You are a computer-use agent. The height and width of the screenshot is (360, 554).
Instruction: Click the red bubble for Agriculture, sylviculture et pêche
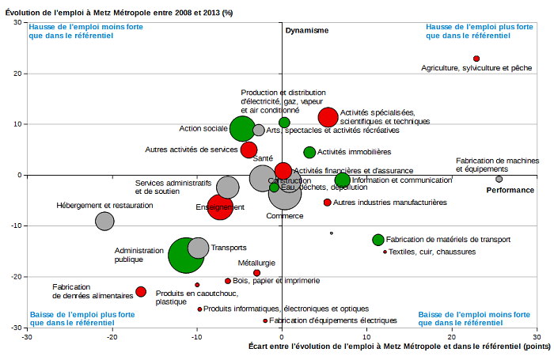(x=476, y=59)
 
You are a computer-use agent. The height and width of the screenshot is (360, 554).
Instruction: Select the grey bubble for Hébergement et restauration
(x=104, y=221)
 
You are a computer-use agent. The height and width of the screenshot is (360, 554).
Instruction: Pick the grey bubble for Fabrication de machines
(x=499, y=179)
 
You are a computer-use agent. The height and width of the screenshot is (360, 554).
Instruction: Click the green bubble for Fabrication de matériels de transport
(x=378, y=240)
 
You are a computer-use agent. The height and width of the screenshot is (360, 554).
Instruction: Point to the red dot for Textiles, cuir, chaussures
(x=385, y=252)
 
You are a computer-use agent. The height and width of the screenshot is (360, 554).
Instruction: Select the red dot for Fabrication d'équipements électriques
(x=265, y=320)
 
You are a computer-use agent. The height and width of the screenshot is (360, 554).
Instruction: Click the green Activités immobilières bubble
(x=309, y=152)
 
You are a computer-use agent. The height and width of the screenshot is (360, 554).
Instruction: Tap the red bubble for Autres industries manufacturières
(x=327, y=203)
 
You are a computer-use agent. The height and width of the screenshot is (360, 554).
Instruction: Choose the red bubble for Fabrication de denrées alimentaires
(x=141, y=292)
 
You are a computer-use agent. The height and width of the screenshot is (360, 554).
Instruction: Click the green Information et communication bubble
(x=343, y=180)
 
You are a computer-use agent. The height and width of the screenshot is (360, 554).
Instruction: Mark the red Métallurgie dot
(x=256, y=273)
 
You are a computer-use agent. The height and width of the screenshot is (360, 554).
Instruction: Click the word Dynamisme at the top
(x=306, y=30)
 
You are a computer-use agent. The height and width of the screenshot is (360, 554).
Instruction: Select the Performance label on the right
(x=510, y=190)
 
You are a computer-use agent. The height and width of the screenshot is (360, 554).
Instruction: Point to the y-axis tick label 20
(x=16, y=73)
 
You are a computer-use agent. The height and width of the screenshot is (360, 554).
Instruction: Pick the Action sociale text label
(x=203, y=128)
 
